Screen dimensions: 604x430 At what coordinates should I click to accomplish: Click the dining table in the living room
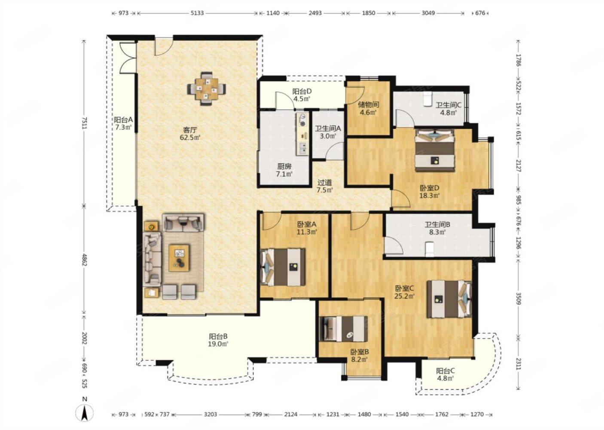207,89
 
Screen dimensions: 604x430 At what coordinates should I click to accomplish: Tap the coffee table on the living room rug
179,258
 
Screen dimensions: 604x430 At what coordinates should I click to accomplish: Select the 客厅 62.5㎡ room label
190,134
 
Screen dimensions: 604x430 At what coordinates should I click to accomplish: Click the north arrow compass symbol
85,413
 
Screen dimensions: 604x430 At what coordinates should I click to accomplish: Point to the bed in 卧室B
343,329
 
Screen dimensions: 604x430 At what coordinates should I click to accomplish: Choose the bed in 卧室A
283,267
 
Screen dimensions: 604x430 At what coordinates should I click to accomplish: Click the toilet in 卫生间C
427,99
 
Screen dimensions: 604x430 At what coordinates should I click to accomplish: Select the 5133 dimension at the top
197,13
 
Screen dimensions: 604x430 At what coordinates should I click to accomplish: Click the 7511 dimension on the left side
84,123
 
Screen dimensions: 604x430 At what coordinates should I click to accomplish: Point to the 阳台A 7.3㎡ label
123,123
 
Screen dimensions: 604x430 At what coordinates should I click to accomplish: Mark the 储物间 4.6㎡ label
368,108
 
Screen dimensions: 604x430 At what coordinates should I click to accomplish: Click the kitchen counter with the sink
302,134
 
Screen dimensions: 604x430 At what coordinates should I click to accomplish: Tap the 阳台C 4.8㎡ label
445,375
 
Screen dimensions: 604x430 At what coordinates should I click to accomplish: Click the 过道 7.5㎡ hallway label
325,186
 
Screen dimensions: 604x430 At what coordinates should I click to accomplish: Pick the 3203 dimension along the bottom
210,414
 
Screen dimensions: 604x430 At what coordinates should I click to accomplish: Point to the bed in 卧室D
435,150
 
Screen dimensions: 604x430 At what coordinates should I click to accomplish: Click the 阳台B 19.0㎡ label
218,340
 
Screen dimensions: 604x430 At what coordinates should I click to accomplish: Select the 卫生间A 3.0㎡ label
328,132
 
